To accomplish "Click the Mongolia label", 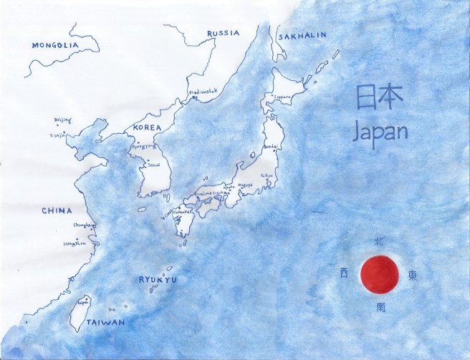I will (54, 45).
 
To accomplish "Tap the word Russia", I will (223, 34).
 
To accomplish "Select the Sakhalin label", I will (302, 34).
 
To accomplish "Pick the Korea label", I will (147, 127).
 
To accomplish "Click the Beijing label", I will (62, 120).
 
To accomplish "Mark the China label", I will (56, 210).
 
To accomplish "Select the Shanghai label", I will (84, 226).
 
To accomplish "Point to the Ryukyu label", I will (158, 280).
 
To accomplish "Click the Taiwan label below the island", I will (105, 323).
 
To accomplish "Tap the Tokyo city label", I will (267, 175).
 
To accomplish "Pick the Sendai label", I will (270, 147).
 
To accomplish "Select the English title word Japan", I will (382, 132).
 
